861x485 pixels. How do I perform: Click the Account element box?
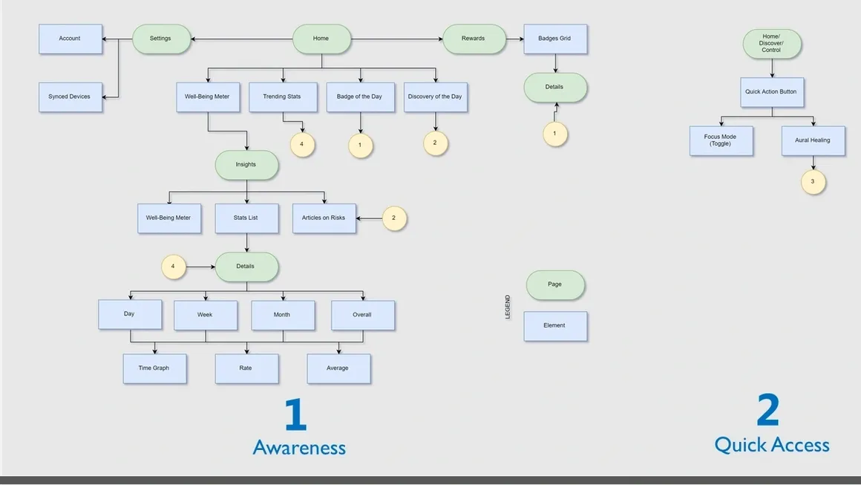click(70, 39)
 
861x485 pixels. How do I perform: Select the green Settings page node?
click(160, 39)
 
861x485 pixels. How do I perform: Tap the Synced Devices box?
click(70, 97)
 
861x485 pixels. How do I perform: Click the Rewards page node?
click(474, 39)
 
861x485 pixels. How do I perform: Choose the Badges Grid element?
click(554, 39)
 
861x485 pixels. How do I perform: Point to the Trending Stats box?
click(282, 97)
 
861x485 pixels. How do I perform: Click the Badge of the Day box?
click(360, 97)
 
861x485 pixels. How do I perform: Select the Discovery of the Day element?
click(435, 97)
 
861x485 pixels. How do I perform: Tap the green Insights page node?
click(246, 165)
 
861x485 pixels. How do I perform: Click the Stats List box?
click(246, 218)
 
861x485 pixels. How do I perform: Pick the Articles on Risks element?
click(324, 218)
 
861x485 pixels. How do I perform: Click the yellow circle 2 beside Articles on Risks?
click(394, 218)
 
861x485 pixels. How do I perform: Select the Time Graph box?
click(154, 368)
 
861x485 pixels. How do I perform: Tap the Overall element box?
click(362, 315)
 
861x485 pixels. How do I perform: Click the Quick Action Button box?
click(771, 92)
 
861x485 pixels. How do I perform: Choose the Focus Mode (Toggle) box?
click(721, 140)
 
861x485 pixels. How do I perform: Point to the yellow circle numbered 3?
click(813, 182)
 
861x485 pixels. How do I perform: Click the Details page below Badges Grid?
click(554, 88)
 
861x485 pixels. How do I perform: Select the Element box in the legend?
click(554, 326)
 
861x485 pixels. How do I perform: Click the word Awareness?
click(299, 447)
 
